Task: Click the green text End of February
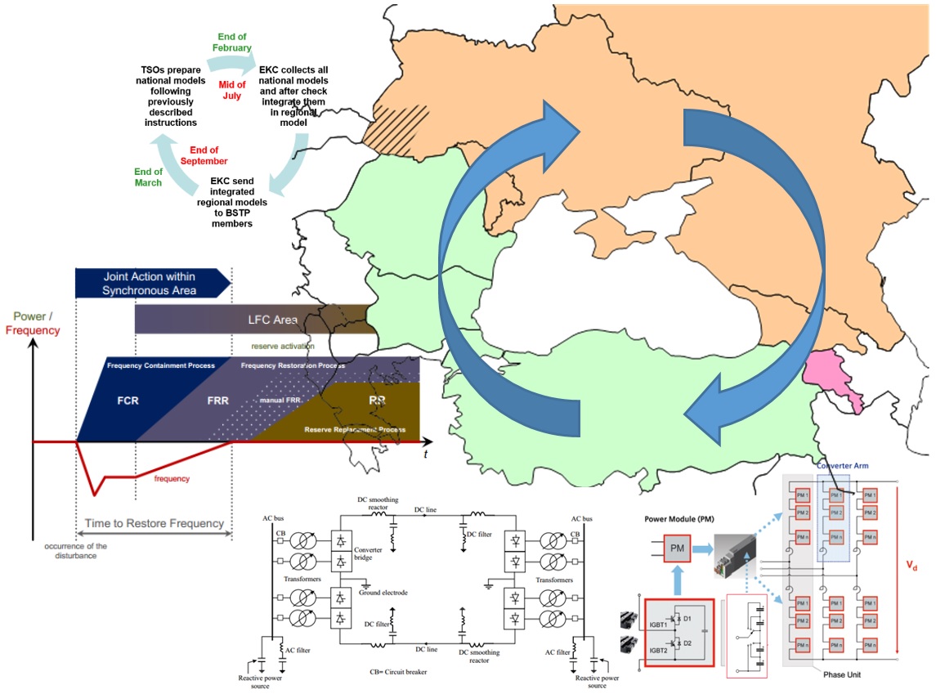233,43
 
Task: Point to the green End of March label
149,177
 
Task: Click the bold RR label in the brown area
377,401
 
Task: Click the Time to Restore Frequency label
155,523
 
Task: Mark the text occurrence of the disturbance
76,551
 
